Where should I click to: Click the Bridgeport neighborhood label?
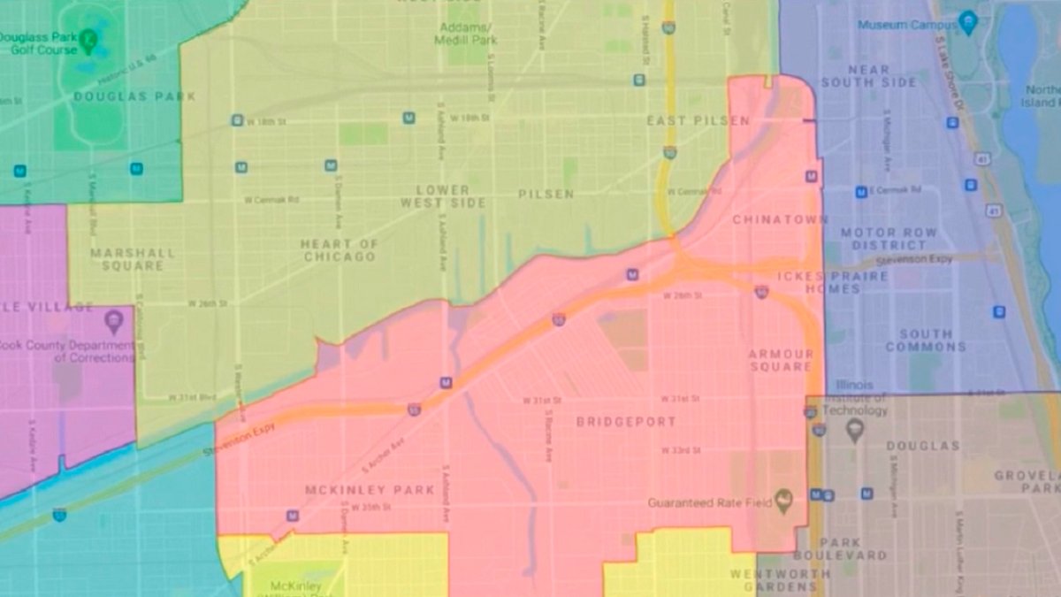click(x=626, y=422)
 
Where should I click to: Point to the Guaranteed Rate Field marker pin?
click(x=782, y=501)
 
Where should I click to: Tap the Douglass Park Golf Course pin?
click(x=88, y=39)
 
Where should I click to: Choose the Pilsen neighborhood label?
click(x=546, y=194)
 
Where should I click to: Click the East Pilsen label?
click(x=698, y=120)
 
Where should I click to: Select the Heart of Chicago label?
click(x=339, y=250)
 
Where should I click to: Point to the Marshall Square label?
click(x=133, y=258)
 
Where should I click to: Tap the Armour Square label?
click(x=780, y=360)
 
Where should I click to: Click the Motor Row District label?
click(x=876, y=238)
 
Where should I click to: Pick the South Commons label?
click(x=926, y=341)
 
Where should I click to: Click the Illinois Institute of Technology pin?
click(x=854, y=431)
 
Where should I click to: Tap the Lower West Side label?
click(x=443, y=196)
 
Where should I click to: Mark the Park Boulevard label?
click(x=839, y=548)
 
